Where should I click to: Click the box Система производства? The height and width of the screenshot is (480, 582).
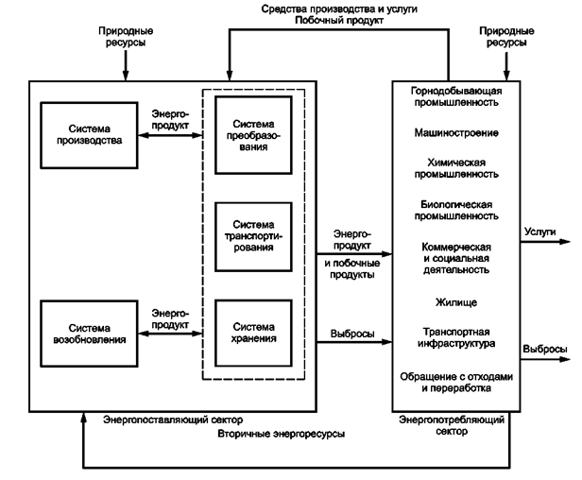point(82,134)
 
